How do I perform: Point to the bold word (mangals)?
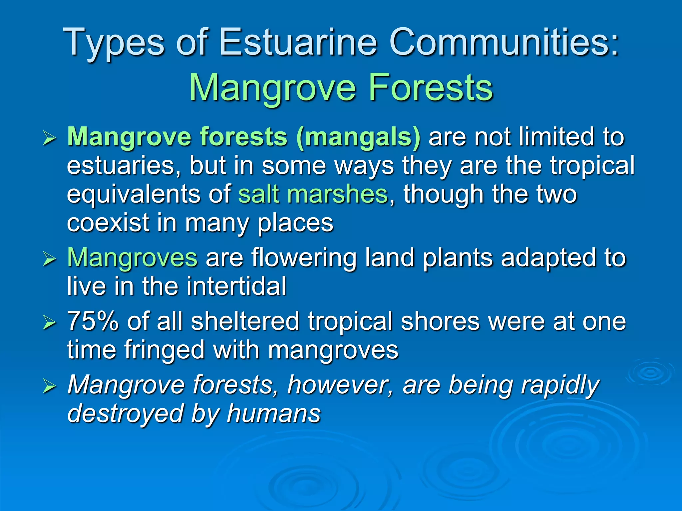[358, 137]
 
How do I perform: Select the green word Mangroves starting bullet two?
[132, 258]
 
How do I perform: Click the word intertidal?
[236, 286]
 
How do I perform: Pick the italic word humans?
[273, 413]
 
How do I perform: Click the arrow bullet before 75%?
[49, 322]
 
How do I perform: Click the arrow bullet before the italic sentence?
[49, 386]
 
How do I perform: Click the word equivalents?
[133, 195]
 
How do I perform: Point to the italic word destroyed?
[125, 413]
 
